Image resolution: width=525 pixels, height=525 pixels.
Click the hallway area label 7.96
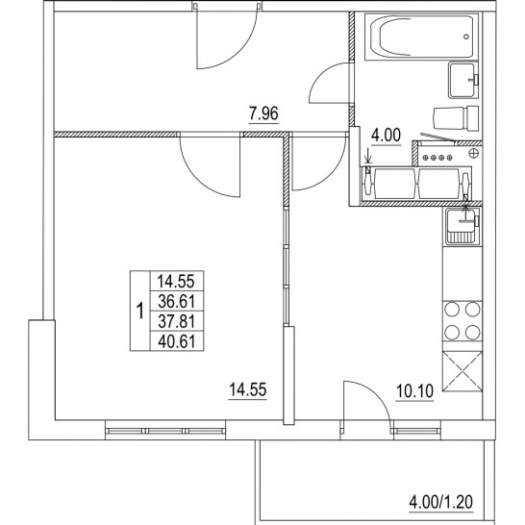(x=263, y=113)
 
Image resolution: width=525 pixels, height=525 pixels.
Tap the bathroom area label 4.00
(x=386, y=136)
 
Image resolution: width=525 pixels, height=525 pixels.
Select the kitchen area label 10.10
(x=414, y=390)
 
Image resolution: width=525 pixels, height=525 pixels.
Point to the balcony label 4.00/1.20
(x=441, y=502)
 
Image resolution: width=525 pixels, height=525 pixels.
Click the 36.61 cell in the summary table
(x=177, y=301)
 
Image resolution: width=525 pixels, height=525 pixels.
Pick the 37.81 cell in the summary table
(x=177, y=321)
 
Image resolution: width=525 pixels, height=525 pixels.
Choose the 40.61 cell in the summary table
(x=177, y=341)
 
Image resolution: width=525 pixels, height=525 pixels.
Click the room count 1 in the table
(x=140, y=311)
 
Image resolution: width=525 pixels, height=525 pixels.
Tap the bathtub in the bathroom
(x=421, y=37)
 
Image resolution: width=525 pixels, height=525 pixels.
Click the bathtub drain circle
(x=466, y=37)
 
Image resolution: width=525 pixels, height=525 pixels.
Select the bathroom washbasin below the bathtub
(x=463, y=81)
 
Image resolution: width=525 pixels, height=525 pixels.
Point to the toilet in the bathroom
(x=456, y=119)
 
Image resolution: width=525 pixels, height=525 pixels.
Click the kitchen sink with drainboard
(x=462, y=226)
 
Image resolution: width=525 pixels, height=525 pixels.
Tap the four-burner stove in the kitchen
(x=462, y=321)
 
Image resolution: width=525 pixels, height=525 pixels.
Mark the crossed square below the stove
(x=462, y=371)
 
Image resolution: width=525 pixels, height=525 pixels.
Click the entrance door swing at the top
(x=226, y=36)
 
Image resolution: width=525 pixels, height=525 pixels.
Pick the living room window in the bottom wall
(x=165, y=431)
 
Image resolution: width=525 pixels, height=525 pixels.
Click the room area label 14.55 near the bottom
(x=248, y=389)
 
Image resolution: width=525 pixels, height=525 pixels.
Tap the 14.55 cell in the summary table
(x=177, y=281)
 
